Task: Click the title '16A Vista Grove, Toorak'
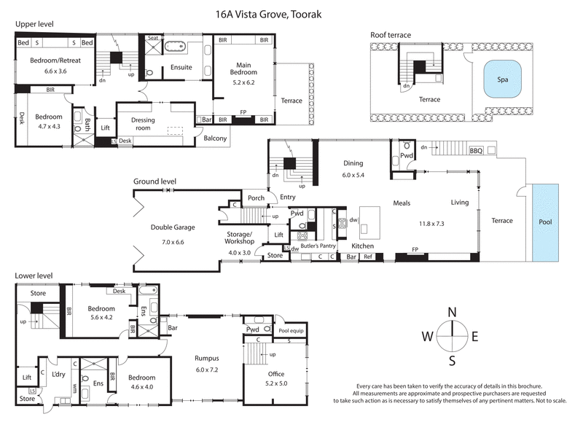pyautogui.click(x=291, y=13)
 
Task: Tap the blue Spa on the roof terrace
pyautogui.click(x=504, y=79)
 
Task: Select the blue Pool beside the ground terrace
pyautogui.click(x=545, y=222)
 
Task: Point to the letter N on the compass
pyautogui.click(x=452, y=313)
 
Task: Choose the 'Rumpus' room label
pyautogui.click(x=208, y=358)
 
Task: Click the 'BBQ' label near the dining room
pyautogui.click(x=476, y=151)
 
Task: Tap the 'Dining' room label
pyautogui.click(x=353, y=163)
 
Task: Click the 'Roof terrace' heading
pyautogui.click(x=390, y=34)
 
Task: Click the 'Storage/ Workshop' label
pyautogui.click(x=239, y=238)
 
